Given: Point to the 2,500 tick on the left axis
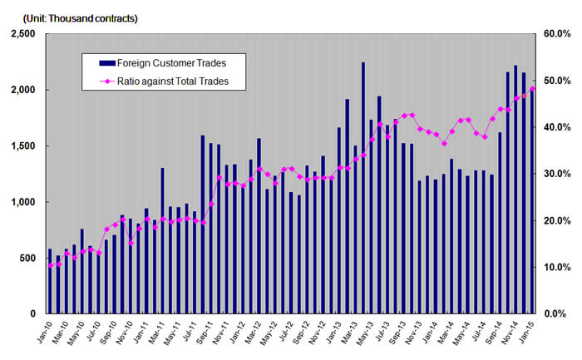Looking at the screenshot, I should coord(22,34).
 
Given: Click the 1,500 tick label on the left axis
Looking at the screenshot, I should coord(22,146).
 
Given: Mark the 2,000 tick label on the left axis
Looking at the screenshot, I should coord(22,90).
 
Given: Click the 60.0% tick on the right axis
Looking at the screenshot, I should coord(555,34).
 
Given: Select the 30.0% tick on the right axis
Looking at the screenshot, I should coord(555,174).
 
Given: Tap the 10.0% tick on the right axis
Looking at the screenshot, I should coord(555,268).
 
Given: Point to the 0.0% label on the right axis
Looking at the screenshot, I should coord(556,314).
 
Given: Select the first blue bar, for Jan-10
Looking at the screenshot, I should coord(50,281).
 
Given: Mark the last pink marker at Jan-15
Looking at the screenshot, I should coord(533,88).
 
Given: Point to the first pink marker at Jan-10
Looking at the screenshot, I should coord(50,265).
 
